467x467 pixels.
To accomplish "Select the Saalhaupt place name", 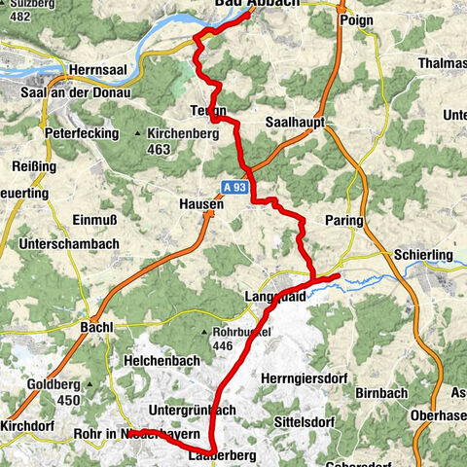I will coord(294,122).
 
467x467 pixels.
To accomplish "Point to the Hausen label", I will coord(201,205).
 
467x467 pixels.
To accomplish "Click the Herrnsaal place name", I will coord(95,71).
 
